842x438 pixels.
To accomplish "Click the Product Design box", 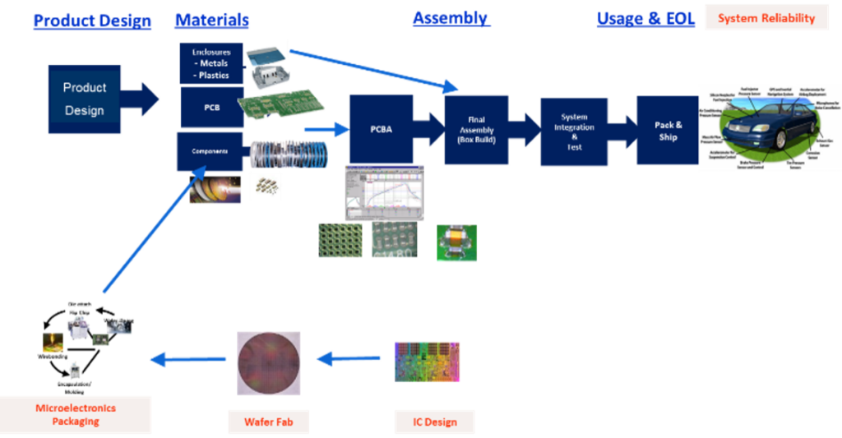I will (85, 99).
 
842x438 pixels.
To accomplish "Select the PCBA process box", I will (381, 129).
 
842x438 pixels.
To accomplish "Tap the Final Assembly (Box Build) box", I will (476, 130).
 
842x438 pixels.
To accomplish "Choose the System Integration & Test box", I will (574, 131).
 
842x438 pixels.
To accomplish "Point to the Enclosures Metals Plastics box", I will (211, 63).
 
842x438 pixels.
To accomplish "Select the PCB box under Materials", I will (211, 107).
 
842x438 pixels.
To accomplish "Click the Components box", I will (210, 151).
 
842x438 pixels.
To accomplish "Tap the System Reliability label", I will (766, 17).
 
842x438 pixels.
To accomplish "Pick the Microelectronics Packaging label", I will (76, 415).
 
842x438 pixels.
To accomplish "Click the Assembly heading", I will (451, 17).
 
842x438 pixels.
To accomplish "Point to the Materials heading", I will (211, 21).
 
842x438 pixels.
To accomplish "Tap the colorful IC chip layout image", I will (428, 362).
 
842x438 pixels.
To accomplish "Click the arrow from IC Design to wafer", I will (349, 358).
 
